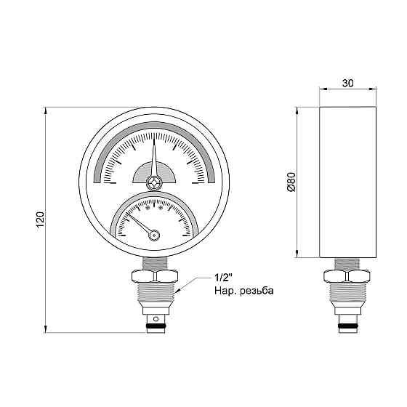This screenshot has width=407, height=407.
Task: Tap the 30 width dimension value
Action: pyautogui.click(x=347, y=84)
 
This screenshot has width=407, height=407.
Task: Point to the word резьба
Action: pyautogui.click(x=257, y=291)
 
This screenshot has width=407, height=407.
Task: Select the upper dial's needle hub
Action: pyautogui.click(x=154, y=182)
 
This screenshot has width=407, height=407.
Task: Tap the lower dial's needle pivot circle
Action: pyautogui.click(x=153, y=234)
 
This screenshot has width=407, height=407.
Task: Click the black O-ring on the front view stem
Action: pyautogui.click(x=154, y=327)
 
